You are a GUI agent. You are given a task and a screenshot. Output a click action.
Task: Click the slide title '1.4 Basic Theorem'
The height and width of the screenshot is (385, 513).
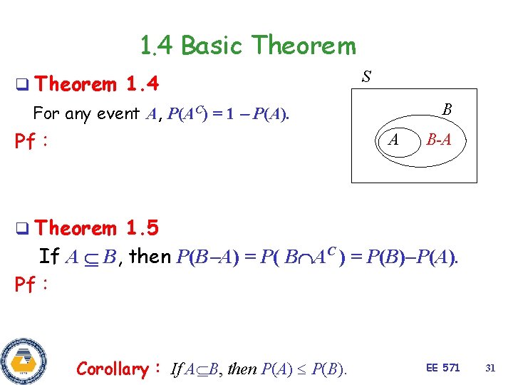[247, 46]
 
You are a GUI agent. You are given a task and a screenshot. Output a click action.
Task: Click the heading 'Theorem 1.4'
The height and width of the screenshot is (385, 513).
[95, 84]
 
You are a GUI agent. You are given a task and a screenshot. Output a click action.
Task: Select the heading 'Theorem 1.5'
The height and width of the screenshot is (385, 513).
[96, 228]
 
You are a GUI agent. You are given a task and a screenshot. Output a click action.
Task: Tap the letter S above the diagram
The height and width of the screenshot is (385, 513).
[366, 76]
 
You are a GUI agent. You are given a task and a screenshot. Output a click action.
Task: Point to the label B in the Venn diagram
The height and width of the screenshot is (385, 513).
[446, 110]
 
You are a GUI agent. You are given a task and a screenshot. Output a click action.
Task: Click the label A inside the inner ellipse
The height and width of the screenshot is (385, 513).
[393, 140]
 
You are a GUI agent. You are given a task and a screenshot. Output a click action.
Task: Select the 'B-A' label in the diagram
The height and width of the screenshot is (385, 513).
[437, 140]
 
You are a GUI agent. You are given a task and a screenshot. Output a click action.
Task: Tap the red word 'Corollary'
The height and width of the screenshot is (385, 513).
[111, 369]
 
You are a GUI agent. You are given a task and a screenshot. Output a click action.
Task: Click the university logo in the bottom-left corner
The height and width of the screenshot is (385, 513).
[24, 359]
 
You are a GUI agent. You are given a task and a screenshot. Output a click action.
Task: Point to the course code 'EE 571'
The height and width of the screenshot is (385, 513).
[442, 368]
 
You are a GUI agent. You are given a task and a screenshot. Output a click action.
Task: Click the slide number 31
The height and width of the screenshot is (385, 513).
[489, 368]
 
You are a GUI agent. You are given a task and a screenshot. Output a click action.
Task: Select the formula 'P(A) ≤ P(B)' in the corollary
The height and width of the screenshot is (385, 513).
[304, 369]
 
